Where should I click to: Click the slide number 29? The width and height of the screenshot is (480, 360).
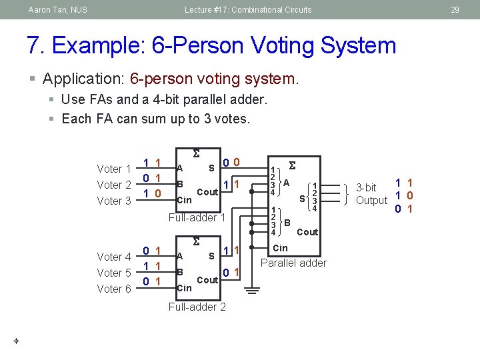(x=455, y=10)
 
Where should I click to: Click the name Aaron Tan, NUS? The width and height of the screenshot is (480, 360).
(x=58, y=10)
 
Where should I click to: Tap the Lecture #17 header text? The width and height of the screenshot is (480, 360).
(x=248, y=10)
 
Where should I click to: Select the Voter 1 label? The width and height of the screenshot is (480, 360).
(x=114, y=169)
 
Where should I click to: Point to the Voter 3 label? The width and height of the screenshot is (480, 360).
(x=114, y=201)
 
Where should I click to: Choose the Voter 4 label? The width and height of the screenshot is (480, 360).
(x=114, y=257)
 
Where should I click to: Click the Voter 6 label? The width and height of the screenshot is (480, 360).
(x=114, y=289)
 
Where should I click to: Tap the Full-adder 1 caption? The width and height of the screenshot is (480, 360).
(x=197, y=217)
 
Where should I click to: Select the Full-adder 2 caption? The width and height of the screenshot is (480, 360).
(x=197, y=307)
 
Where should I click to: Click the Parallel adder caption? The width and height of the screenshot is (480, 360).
(x=293, y=263)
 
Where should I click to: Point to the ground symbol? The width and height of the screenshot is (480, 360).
(x=251, y=291)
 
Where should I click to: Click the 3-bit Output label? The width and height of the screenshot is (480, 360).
(x=371, y=194)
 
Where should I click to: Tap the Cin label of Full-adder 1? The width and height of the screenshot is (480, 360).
(x=183, y=200)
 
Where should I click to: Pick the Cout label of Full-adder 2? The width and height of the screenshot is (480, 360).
(x=207, y=280)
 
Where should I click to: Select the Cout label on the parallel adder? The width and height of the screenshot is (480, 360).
(x=307, y=232)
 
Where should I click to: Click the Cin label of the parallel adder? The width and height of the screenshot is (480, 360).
(x=281, y=248)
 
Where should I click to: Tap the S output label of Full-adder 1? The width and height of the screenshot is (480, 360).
(x=211, y=167)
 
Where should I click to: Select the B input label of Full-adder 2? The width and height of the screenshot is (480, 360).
(x=180, y=272)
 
